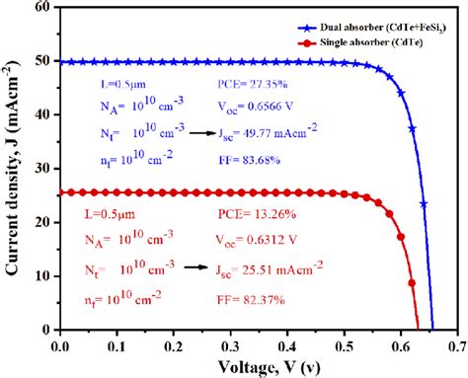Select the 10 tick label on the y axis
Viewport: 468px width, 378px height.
pyautogui.click(x=43, y=275)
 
